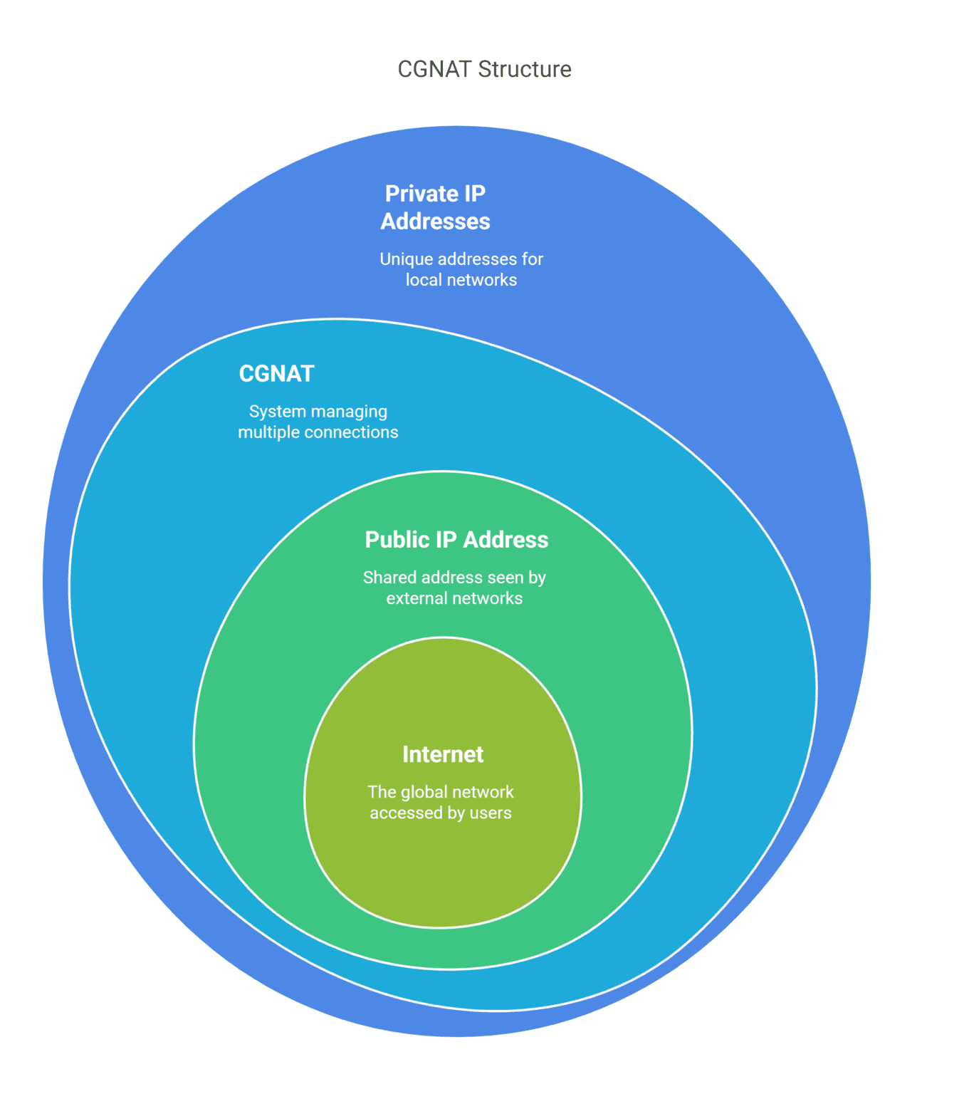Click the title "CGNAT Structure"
[x=484, y=69]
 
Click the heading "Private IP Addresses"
[x=435, y=207]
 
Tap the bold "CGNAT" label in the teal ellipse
[x=276, y=374]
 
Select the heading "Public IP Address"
[x=456, y=540]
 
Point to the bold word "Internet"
[x=443, y=754]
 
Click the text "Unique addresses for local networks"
[x=461, y=269]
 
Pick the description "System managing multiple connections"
[x=318, y=422]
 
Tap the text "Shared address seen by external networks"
[x=454, y=588]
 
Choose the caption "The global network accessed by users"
[x=441, y=803]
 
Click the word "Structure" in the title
[x=525, y=69]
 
